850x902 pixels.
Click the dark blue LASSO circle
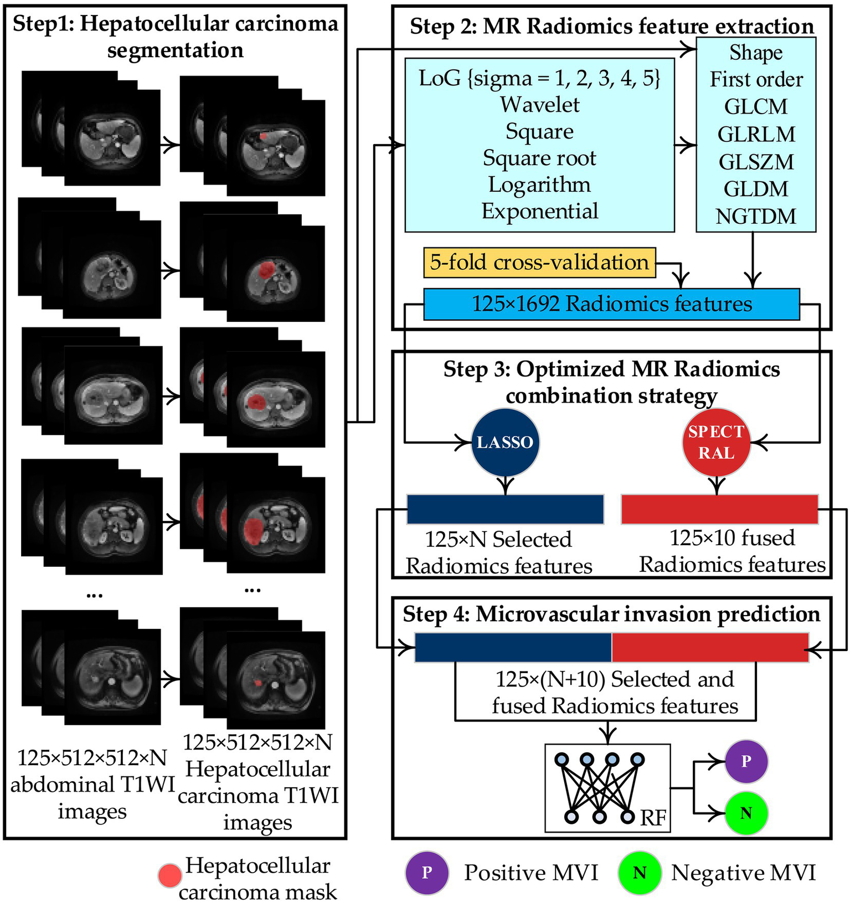coord(505,442)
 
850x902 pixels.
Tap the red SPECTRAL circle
coord(716,442)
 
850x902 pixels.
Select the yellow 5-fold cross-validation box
coord(539,263)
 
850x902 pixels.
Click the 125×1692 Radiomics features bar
coord(611,304)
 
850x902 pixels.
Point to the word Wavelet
coord(540,105)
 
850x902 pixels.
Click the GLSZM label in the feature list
coord(756,162)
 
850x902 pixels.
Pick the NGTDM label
coord(756,216)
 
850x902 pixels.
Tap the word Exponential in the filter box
coord(540,211)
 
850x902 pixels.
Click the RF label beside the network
coord(653,818)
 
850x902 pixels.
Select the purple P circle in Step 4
coord(746,761)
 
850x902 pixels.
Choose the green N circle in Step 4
coord(746,813)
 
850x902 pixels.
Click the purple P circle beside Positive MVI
coord(426,873)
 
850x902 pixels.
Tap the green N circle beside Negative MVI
coord(640,873)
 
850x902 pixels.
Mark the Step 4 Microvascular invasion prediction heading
coord(611,614)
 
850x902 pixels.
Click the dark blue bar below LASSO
coord(505,509)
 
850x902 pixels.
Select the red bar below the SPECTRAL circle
coord(719,509)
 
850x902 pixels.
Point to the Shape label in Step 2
coord(756,53)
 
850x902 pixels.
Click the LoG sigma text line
coord(540,78)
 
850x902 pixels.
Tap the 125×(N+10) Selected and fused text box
coord(606,693)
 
